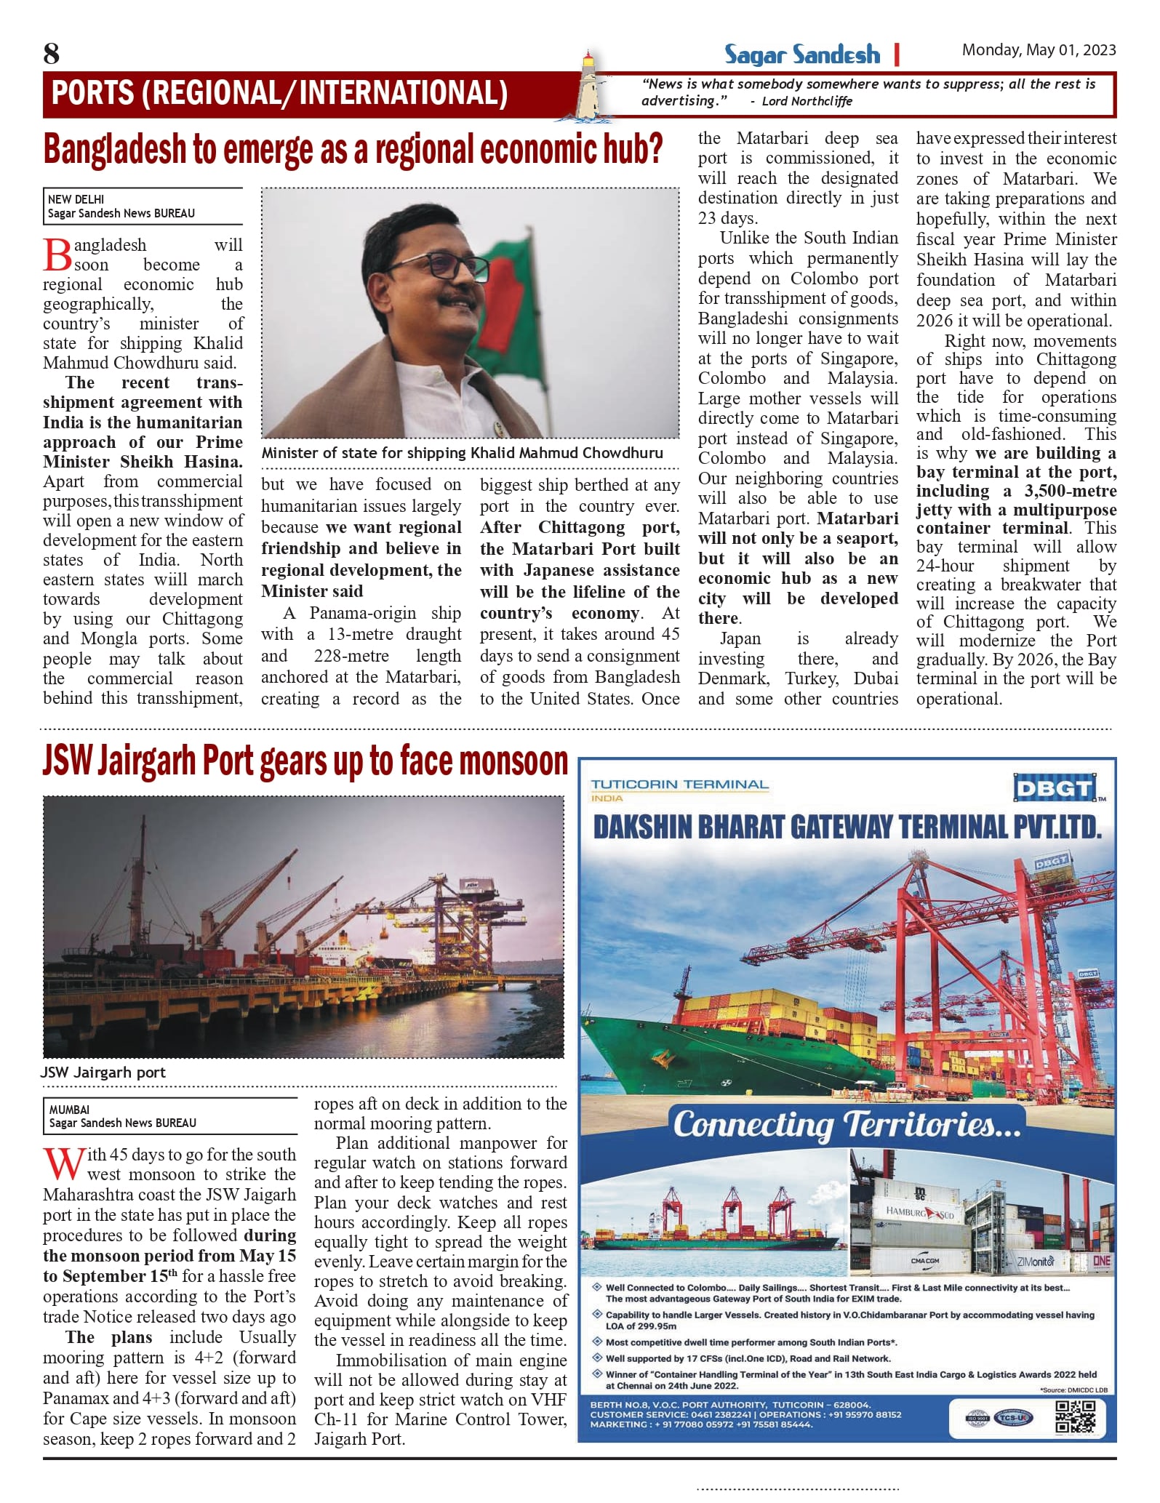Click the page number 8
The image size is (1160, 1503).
[x=52, y=54]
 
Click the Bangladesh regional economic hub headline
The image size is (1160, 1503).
[x=353, y=150]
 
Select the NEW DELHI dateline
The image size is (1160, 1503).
[x=76, y=199]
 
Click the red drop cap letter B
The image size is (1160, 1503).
[x=57, y=255]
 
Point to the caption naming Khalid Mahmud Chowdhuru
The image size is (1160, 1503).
[x=462, y=453]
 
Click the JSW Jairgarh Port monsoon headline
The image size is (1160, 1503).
[x=305, y=762]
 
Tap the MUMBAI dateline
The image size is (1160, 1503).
[x=69, y=1110]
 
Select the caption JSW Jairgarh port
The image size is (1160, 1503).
[x=103, y=1072]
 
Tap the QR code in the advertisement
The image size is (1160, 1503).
[x=1076, y=1416]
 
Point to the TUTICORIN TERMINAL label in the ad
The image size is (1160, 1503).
[x=679, y=785]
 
